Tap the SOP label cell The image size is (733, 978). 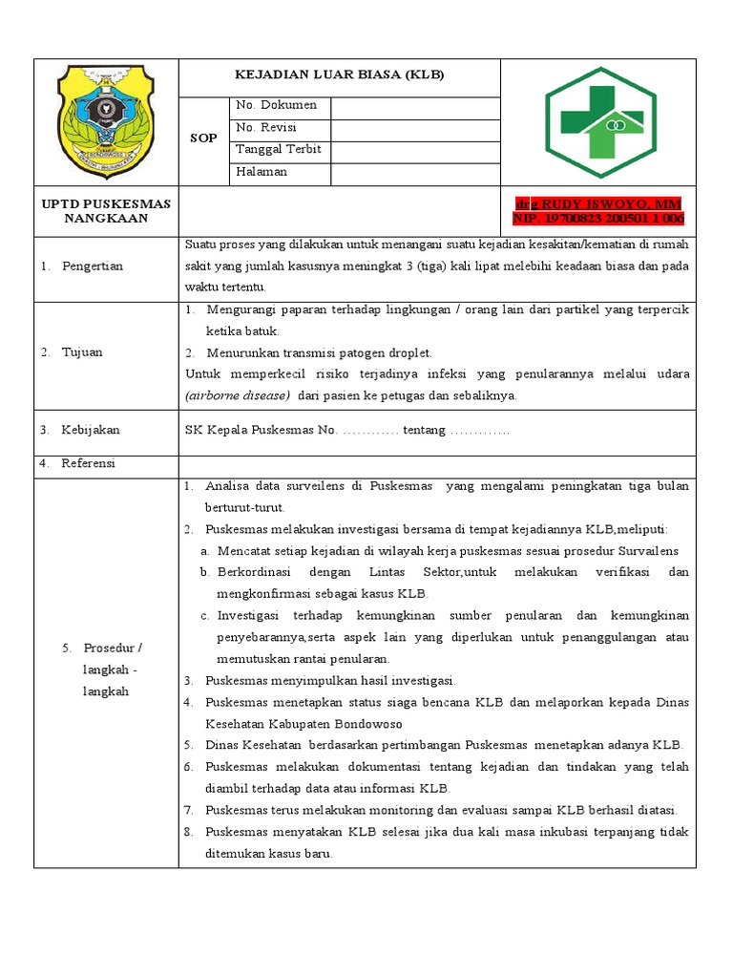203,138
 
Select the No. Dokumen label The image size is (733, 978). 276,106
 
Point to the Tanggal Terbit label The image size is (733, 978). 278,150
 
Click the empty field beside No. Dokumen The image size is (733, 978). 415,107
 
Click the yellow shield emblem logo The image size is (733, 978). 105,120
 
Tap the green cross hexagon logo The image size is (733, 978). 599,122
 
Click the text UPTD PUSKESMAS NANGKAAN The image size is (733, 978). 106,211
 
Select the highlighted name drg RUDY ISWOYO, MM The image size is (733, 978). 598,204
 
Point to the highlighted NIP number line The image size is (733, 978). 598,219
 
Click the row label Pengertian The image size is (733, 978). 94,266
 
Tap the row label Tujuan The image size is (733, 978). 82,352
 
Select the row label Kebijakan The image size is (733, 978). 91,431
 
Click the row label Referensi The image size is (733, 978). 88,463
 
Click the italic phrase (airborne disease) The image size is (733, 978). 238,395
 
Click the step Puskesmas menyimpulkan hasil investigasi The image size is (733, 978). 330,681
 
